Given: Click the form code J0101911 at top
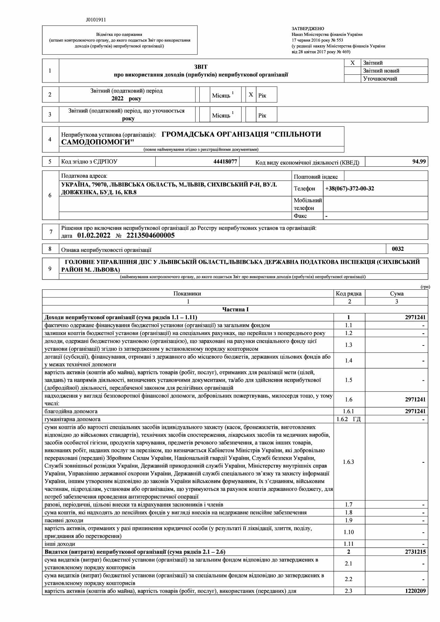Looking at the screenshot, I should click(x=96, y=20).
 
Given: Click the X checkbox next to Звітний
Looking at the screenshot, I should click(x=352, y=63).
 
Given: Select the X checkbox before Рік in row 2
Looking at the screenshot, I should click(x=251, y=95).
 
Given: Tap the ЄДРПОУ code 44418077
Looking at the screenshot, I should click(x=225, y=162).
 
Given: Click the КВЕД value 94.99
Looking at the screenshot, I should click(x=419, y=162).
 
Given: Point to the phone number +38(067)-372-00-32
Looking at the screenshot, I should click(x=350, y=189).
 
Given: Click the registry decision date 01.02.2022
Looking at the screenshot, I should click(x=94, y=236).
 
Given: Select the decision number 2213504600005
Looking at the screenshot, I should click(x=150, y=236).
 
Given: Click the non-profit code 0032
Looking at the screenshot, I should click(x=398, y=249).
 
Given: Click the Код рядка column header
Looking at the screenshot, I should click(x=349, y=294).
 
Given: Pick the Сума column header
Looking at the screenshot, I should click(x=396, y=294).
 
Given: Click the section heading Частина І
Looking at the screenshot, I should click(x=236, y=310).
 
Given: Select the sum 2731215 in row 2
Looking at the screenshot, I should click(x=415, y=552).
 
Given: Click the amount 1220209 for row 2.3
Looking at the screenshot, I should click(x=415, y=591).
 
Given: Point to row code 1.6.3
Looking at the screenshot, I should click(x=349, y=462).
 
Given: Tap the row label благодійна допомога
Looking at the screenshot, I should click(x=71, y=411).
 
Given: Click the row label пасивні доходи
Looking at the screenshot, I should click(x=64, y=521).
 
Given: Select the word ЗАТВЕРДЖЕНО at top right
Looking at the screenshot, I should click(x=308, y=29).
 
